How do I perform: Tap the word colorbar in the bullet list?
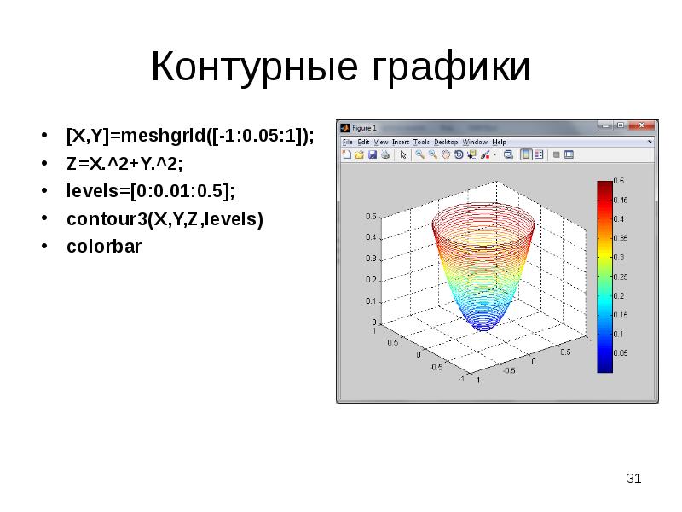(x=104, y=247)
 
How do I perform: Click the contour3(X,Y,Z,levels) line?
(x=165, y=218)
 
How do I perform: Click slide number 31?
(x=633, y=479)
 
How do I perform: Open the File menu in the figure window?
(x=347, y=142)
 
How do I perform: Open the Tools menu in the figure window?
(x=422, y=142)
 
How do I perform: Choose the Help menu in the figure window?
(x=499, y=142)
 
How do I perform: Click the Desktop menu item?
(x=446, y=142)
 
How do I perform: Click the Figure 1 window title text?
(x=364, y=125)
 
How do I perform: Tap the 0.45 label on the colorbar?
(x=621, y=200)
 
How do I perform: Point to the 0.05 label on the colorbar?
(x=621, y=352)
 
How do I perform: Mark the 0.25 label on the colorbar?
(x=621, y=276)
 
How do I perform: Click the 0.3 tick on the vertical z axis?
(x=371, y=259)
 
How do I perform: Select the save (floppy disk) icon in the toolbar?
(x=373, y=155)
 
